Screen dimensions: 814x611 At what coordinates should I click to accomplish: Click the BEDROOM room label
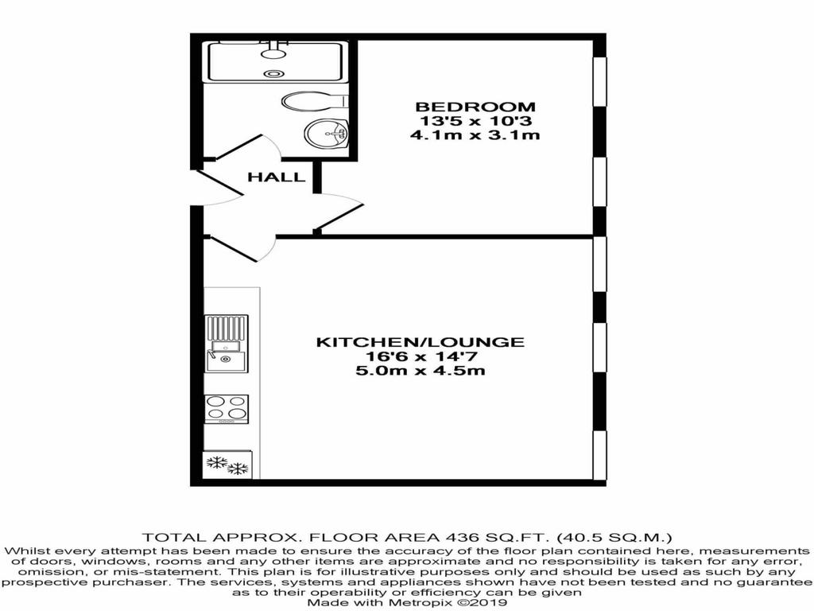tap(475, 107)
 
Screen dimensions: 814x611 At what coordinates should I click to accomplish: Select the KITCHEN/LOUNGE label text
tap(421, 342)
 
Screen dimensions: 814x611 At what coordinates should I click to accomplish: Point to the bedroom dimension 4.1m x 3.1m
tap(475, 135)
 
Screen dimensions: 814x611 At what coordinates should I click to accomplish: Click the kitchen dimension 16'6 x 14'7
tap(421, 356)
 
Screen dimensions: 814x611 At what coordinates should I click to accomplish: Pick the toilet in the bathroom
tap(315, 101)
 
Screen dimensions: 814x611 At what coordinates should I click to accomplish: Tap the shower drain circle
tap(273, 74)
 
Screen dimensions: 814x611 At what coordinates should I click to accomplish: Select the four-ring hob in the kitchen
tap(227, 409)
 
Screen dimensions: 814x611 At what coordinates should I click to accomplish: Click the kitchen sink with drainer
tap(227, 343)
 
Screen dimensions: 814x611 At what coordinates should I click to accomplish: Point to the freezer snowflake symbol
tap(227, 465)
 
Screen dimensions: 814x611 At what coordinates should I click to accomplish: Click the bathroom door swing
tap(248, 148)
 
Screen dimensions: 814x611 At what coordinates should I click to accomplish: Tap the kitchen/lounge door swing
tap(242, 248)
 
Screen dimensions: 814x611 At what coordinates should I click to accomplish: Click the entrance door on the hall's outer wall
tap(218, 187)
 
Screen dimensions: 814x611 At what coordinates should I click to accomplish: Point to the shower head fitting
tap(273, 50)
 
